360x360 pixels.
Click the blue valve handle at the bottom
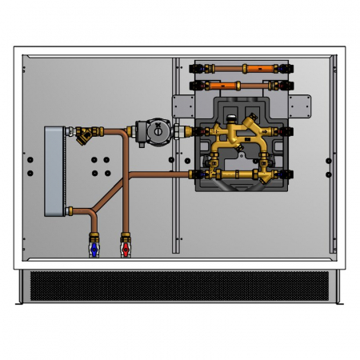(x=95, y=251)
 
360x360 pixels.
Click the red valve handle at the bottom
(x=125, y=251)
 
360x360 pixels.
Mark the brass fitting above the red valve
(x=125, y=238)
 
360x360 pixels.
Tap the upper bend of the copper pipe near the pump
(x=126, y=130)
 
